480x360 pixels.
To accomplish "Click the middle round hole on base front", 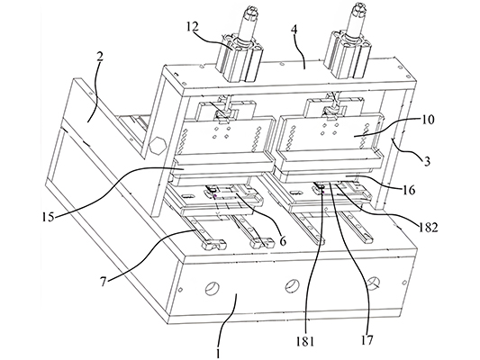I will tap(292, 287).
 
